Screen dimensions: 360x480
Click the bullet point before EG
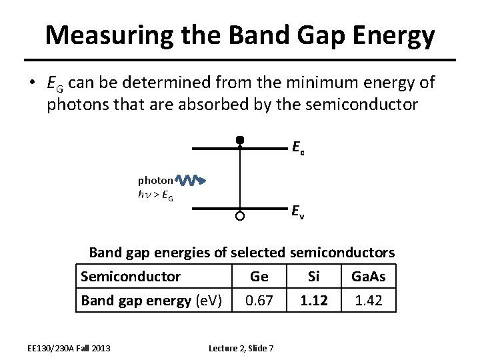tap(32, 83)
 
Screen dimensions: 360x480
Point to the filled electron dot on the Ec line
tap(240, 140)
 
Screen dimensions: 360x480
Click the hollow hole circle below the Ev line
tap(240, 216)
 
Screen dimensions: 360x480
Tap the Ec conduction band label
tap(298, 147)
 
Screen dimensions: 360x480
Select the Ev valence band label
tap(298, 211)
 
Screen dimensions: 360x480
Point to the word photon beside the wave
tap(155, 180)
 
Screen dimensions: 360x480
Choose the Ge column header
tap(259, 276)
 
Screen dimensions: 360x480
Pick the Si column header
tap(313, 276)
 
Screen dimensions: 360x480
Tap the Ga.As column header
tap(369, 276)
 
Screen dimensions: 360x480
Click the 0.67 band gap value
tap(259, 300)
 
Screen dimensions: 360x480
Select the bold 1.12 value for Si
tap(313, 300)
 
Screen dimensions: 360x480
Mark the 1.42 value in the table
tap(369, 300)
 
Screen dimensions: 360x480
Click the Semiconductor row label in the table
tap(131, 276)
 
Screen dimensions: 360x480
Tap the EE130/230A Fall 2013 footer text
tap(69, 347)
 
